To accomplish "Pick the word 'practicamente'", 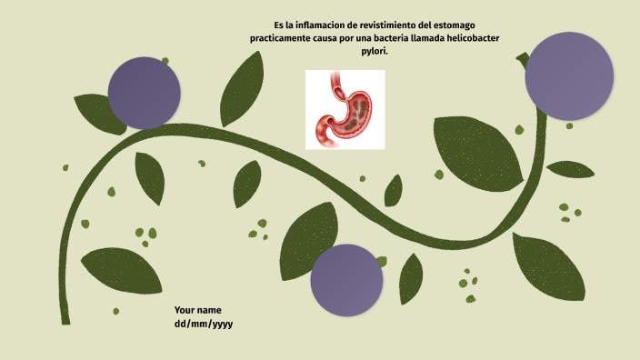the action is point(283,38).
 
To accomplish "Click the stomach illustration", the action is point(345,109).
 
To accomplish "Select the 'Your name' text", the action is point(197,310).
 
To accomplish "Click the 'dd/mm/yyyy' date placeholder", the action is point(204,324).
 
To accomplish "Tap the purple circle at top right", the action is point(565,76).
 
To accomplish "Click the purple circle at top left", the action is point(144,92).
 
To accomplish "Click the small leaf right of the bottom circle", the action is point(411,276).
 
